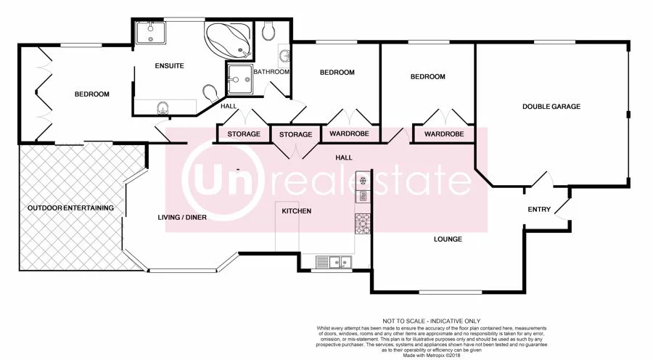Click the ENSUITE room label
pos(169,66)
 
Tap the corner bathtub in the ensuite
pos(228,40)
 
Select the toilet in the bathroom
pos(268,30)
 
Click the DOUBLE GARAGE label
pos(551,107)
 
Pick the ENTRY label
pos(539,210)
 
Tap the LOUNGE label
pos(448,239)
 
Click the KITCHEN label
pos(297,211)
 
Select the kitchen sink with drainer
pos(334,262)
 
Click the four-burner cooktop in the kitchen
pos(362,224)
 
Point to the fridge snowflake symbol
pos(362,179)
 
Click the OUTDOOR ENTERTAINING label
pos(70,208)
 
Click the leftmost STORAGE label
pos(244,134)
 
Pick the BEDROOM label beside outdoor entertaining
pos(92,94)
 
